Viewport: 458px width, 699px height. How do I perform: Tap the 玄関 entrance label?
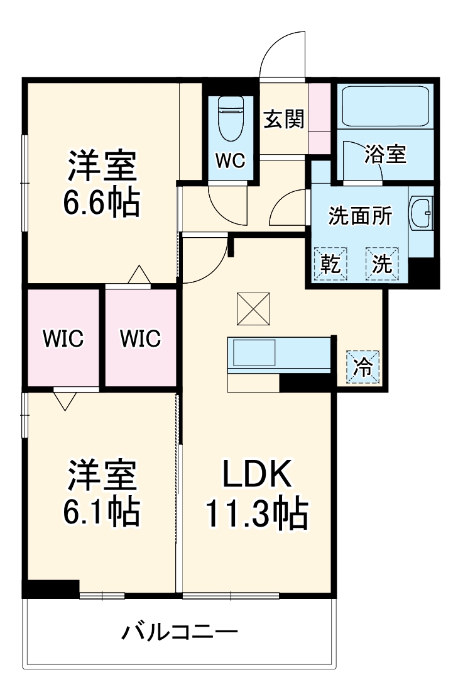[x=284, y=118]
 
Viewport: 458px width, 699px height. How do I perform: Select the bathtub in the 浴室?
[x=384, y=107]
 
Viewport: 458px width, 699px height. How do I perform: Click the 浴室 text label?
[x=385, y=154]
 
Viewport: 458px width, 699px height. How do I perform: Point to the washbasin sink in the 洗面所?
[x=421, y=214]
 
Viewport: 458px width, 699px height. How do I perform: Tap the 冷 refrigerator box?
[x=363, y=366]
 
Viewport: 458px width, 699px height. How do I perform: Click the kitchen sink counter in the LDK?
[x=254, y=353]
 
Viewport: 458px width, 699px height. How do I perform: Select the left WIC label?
[x=63, y=338]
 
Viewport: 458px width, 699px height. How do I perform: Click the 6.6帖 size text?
[x=101, y=203]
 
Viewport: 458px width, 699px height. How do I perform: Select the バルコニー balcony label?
[x=180, y=631]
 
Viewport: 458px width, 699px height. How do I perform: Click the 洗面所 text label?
[x=361, y=216]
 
